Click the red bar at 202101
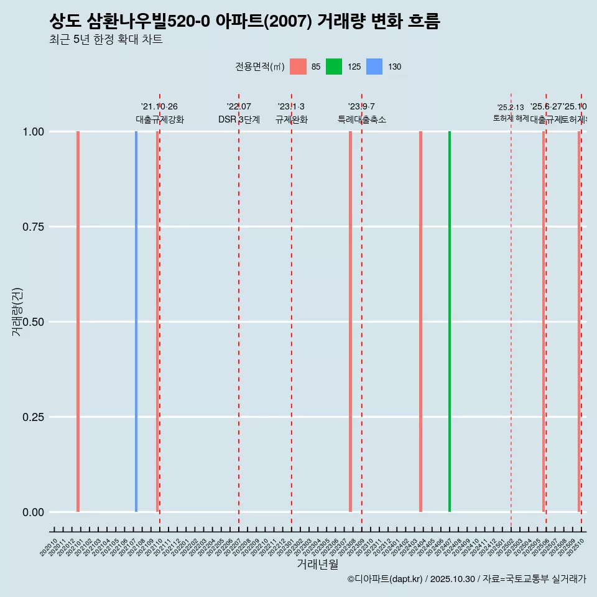(x=78, y=322)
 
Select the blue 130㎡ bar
(x=136, y=322)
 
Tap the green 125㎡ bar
(x=450, y=322)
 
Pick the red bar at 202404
(x=420, y=322)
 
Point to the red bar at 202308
(x=350, y=322)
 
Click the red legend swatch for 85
(x=298, y=67)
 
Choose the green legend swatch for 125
(x=334, y=67)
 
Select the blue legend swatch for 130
(x=374, y=67)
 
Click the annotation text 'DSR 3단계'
(x=239, y=119)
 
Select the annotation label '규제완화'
(x=291, y=119)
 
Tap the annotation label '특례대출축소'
(x=362, y=119)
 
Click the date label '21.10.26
(x=159, y=107)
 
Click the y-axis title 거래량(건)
(x=17, y=312)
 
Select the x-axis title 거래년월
(x=317, y=564)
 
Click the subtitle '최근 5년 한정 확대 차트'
(x=106, y=40)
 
